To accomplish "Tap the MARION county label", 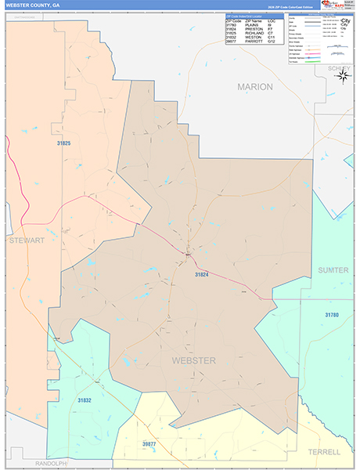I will pos(256,87).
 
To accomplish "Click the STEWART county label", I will pos(27,240).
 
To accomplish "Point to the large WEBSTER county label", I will pos(193,360).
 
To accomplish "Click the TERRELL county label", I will pos(324,452).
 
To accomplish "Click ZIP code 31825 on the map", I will pos(63,143).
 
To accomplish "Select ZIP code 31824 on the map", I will pos(202,275).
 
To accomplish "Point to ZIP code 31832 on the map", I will pos(85,400).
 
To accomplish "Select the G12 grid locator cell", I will pos(272,41).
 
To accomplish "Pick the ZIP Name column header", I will pos(254,21).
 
